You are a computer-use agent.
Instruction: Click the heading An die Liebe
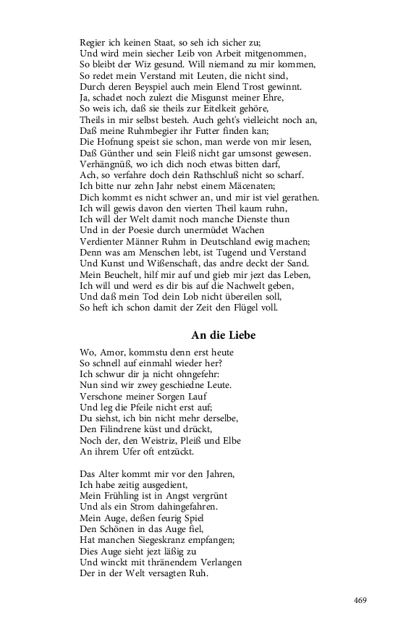point(223,335)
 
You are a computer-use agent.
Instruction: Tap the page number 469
point(361,599)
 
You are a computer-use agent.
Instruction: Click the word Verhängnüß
point(106,165)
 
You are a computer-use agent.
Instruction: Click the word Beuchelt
point(117,275)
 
